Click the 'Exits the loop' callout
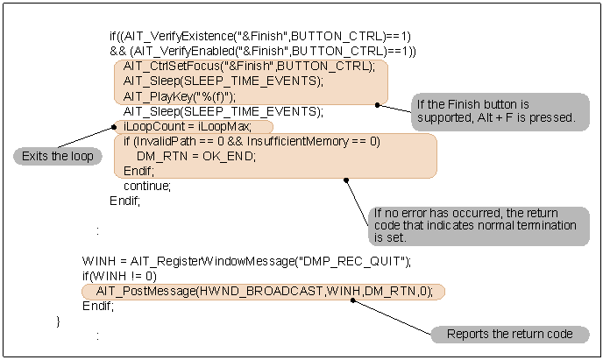[x=55, y=156]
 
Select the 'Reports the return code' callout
[x=509, y=334]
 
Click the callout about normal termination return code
[x=477, y=225]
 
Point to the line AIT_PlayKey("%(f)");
[x=179, y=96]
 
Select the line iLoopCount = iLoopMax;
[x=187, y=126]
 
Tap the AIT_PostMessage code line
[x=263, y=291]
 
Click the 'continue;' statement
[x=146, y=186]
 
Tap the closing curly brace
[x=59, y=321]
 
